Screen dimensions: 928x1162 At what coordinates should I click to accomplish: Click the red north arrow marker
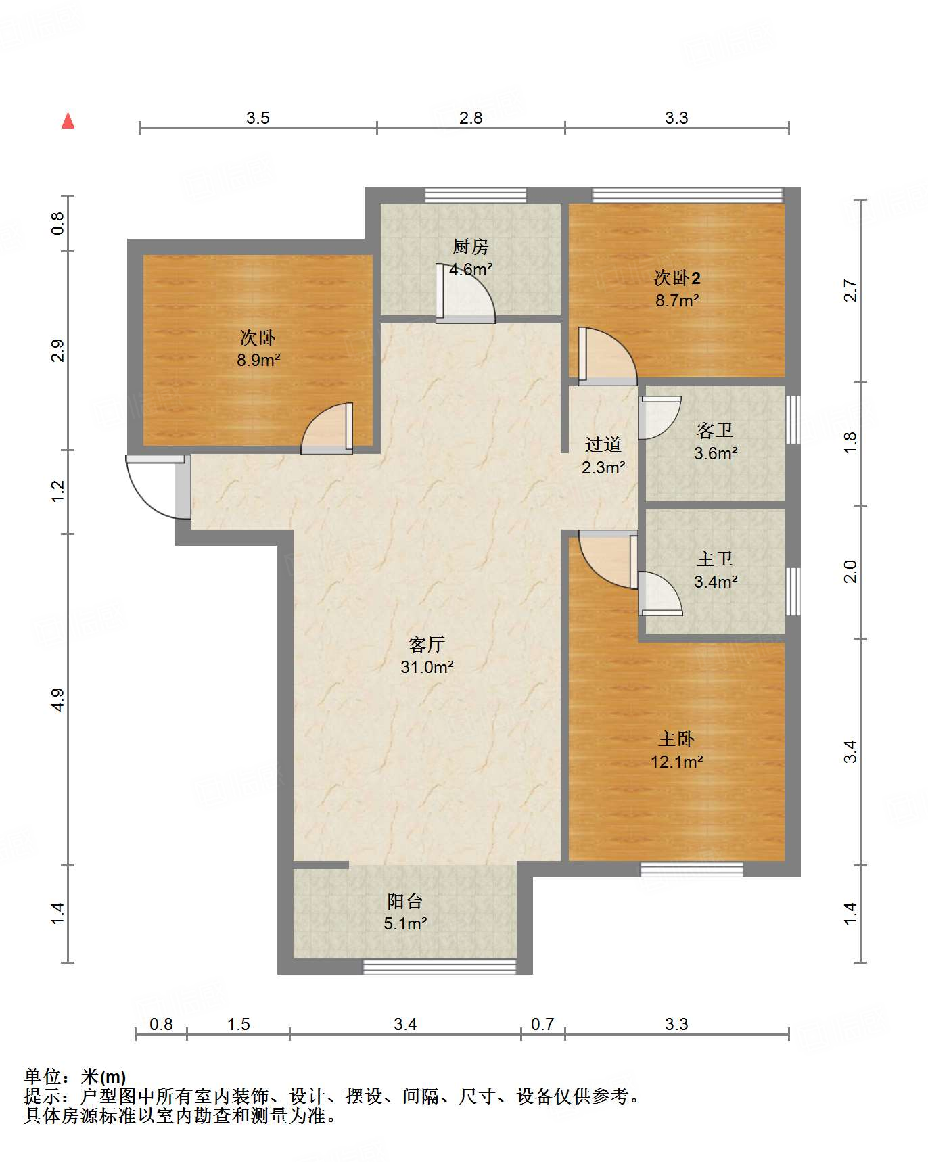68,120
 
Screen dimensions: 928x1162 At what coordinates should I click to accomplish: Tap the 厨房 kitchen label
471,247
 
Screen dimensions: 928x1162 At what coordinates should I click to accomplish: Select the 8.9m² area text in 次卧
258,360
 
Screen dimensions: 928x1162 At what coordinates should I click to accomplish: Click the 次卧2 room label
677,277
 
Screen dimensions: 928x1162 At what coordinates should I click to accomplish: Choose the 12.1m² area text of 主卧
677,762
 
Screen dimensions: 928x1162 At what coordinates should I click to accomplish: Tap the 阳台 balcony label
405,901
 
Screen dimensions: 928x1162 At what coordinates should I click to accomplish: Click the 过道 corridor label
603,444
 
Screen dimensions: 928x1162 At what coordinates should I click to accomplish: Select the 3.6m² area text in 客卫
716,453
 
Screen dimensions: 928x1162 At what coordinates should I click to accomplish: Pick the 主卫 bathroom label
715,559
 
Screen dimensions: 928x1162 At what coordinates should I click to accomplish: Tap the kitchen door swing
466,293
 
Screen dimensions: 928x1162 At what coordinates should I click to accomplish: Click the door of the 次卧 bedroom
327,428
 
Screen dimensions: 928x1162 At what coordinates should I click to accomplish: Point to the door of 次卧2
607,356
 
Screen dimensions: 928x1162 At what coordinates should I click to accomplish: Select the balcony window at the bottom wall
440,967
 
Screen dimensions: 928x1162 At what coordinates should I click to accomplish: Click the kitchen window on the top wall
475,195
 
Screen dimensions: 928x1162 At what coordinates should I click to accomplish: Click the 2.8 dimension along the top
471,118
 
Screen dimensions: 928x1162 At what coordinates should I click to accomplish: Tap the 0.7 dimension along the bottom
542,1025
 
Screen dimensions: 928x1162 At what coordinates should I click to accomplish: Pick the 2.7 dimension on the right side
850,291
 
